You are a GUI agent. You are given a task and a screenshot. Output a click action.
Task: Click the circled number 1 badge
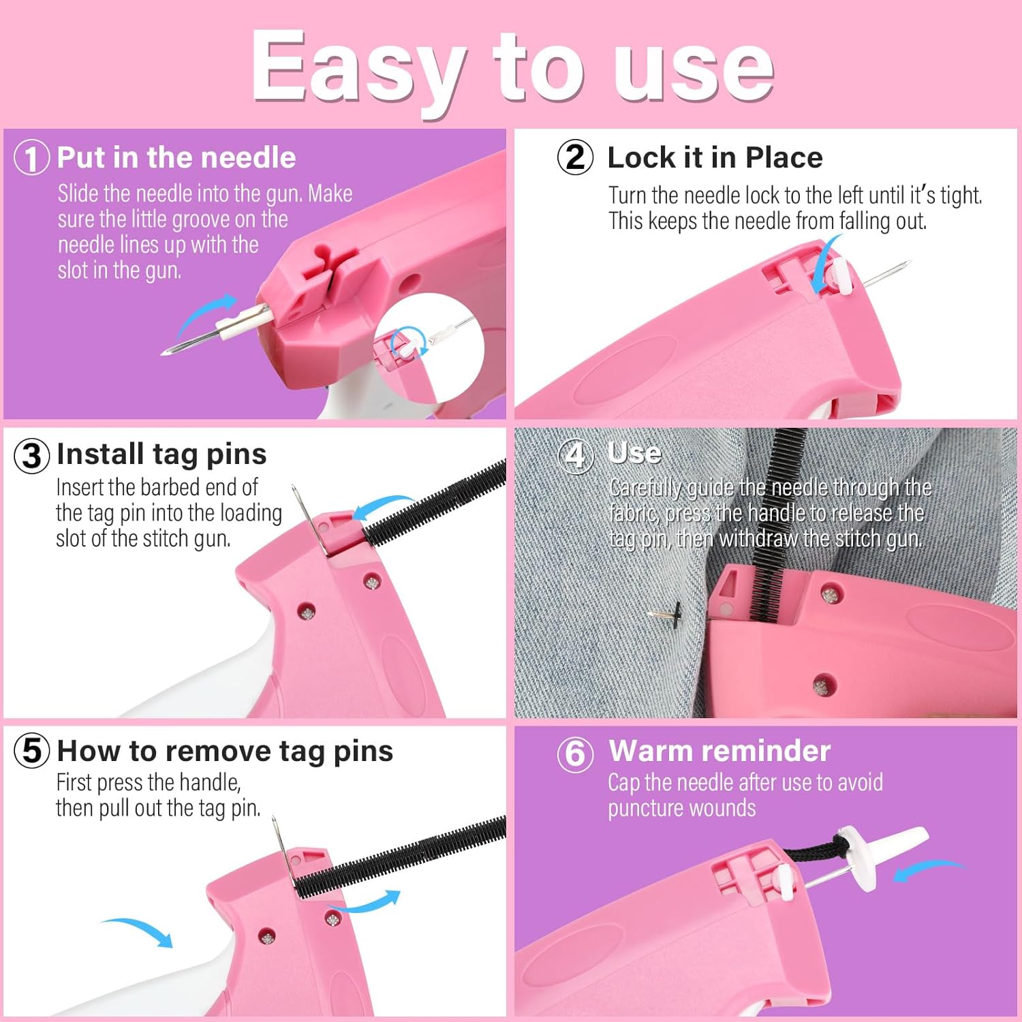pyautogui.click(x=31, y=157)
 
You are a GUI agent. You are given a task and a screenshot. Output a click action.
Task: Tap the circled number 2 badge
pyautogui.click(x=575, y=157)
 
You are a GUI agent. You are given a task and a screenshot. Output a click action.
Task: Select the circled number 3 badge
pyautogui.click(x=31, y=455)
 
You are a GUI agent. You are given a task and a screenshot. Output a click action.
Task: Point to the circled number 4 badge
pyautogui.click(x=575, y=454)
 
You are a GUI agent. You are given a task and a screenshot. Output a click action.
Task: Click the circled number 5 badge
pyautogui.click(x=31, y=751)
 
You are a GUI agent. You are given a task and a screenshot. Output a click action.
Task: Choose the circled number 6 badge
pyautogui.click(x=575, y=754)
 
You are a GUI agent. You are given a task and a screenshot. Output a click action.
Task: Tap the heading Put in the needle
pyautogui.click(x=176, y=157)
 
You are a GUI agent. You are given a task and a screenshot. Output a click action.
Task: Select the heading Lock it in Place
pyautogui.click(x=715, y=157)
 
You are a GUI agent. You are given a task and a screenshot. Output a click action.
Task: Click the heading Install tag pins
pyautogui.click(x=161, y=454)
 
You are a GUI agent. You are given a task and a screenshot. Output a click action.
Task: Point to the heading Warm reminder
pyautogui.click(x=719, y=751)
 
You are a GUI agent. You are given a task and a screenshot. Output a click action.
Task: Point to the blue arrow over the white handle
pyautogui.click(x=139, y=931)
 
